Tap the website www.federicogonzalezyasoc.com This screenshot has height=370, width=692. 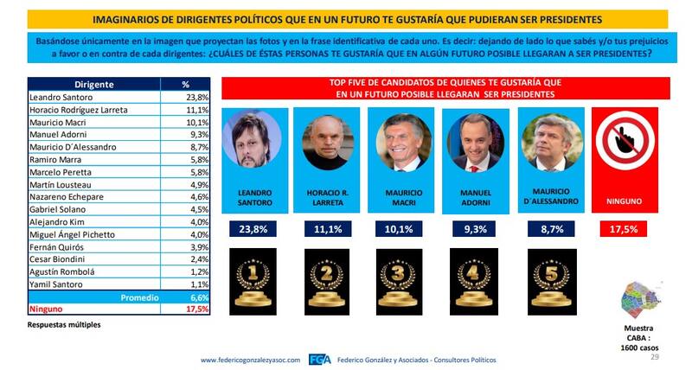click(x=251, y=360)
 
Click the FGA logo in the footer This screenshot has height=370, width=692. click(x=319, y=360)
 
